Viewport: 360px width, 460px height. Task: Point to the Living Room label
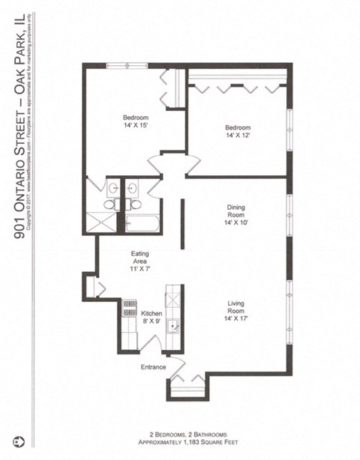pyautogui.click(x=236, y=308)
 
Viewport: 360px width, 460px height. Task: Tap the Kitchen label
pyautogui.click(x=151, y=313)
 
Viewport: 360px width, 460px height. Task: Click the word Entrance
pyautogui.click(x=154, y=367)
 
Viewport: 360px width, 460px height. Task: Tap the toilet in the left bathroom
pyautogui.click(x=109, y=204)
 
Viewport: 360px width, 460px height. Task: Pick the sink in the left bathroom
pyautogui.click(x=112, y=188)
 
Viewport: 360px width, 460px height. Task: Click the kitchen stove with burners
pyautogui.click(x=128, y=308)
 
